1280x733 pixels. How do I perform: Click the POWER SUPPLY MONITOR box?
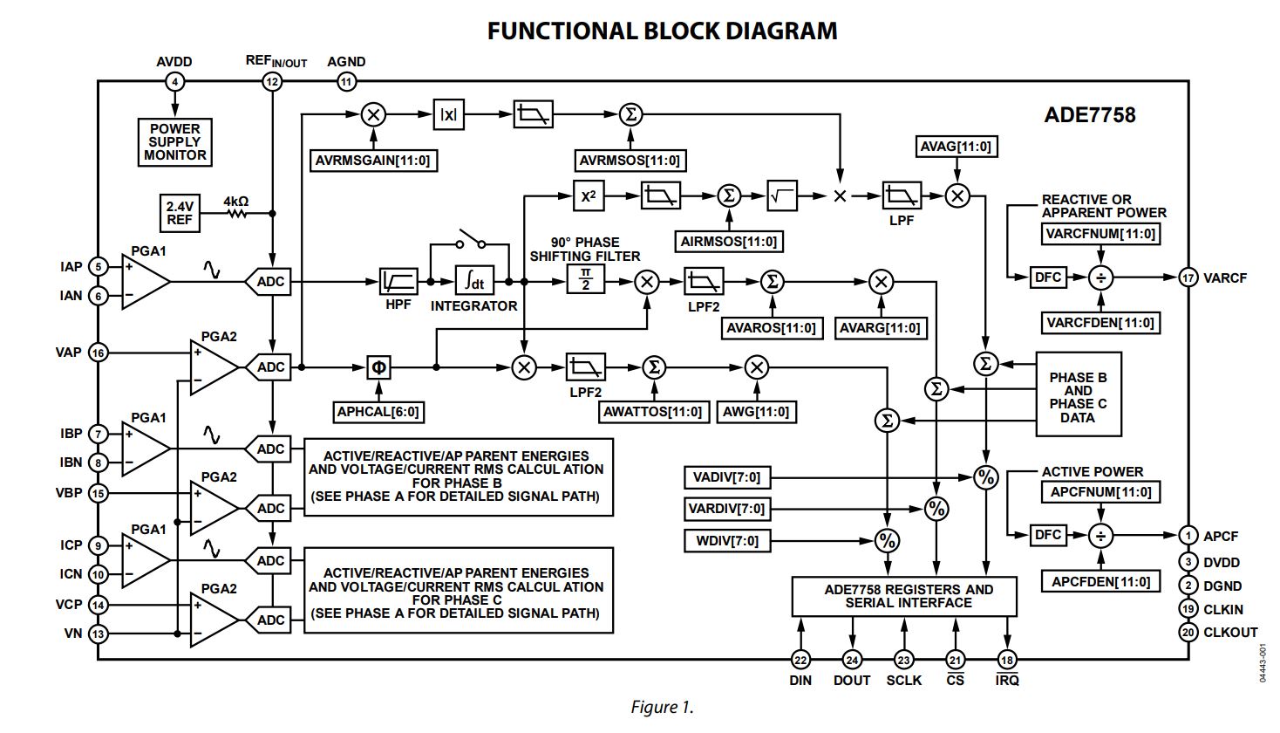pos(175,142)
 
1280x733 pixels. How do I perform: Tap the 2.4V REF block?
pos(180,213)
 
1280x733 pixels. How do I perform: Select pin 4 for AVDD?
pos(175,82)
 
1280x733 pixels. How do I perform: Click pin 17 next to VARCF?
pos(1188,277)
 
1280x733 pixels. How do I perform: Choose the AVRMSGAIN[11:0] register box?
pos(373,161)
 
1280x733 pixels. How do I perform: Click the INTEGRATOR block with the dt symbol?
pos(474,281)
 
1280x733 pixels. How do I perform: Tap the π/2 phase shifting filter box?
pos(585,281)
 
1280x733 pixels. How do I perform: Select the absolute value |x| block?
pos(448,114)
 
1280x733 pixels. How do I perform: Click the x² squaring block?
pos(589,195)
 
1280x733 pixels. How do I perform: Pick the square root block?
pos(782,195)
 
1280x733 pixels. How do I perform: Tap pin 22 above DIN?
pos(800,661)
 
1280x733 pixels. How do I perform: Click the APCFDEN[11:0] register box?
pos(1100,582)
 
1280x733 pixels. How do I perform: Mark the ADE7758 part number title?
pos(1089,115)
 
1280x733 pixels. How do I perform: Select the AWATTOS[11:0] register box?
pos(653,412)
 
